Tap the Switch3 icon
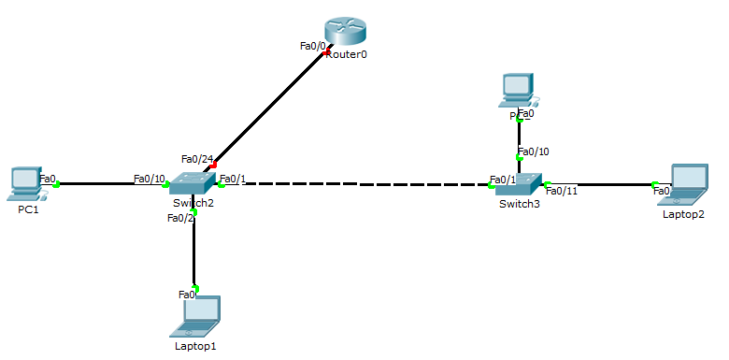tap(520, 182)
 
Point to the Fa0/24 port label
tap(197, 159)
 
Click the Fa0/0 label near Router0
tap(312, 45)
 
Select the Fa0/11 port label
tap(562, 191)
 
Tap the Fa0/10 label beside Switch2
tap(149, 179)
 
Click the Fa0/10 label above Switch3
tap(534, 151)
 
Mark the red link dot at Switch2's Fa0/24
tap(214, 165)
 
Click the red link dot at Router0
tap(326, 53)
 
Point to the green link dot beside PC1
tap(57, 184)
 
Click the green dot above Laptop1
tap(195, 287)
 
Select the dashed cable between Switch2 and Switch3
tap(355, 184)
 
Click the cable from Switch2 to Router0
tap(271, 108)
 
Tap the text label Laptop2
tap(683, 214)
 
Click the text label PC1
tap(28, 209)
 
